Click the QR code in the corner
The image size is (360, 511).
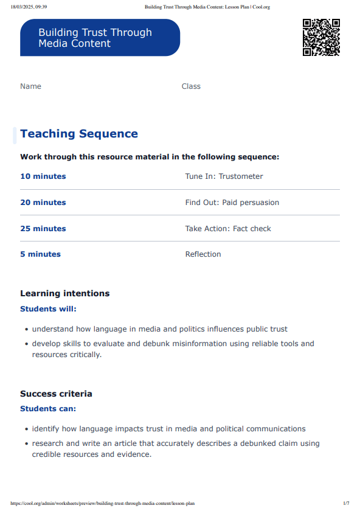click(x=321, y=38)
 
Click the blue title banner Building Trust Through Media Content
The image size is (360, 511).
click(x=100, y=38)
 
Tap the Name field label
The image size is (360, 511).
click(x=30, y=86)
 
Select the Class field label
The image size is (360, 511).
click(x=191, y=86)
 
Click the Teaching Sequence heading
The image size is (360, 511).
click(x=79, y=134)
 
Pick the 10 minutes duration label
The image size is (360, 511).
click(x=43, y=176)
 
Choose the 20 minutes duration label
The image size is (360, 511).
click(x=43, y=203)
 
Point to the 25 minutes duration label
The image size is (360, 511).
click(x=43, y=229)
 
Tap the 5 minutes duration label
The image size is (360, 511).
click(x=40, y=254)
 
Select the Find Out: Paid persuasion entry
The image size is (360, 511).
click(x=232, y=203)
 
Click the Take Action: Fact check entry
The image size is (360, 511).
click(x=228, y=229)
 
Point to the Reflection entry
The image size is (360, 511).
click(x=203, y=254)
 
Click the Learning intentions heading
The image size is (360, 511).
click(x=65, y=293)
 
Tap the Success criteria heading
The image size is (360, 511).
click(x=56, y=394)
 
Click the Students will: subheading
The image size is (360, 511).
click(x=49, y=309)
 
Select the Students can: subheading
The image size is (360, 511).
click(x=48, y=409)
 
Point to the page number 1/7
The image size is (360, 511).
click(x=346, y=503)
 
